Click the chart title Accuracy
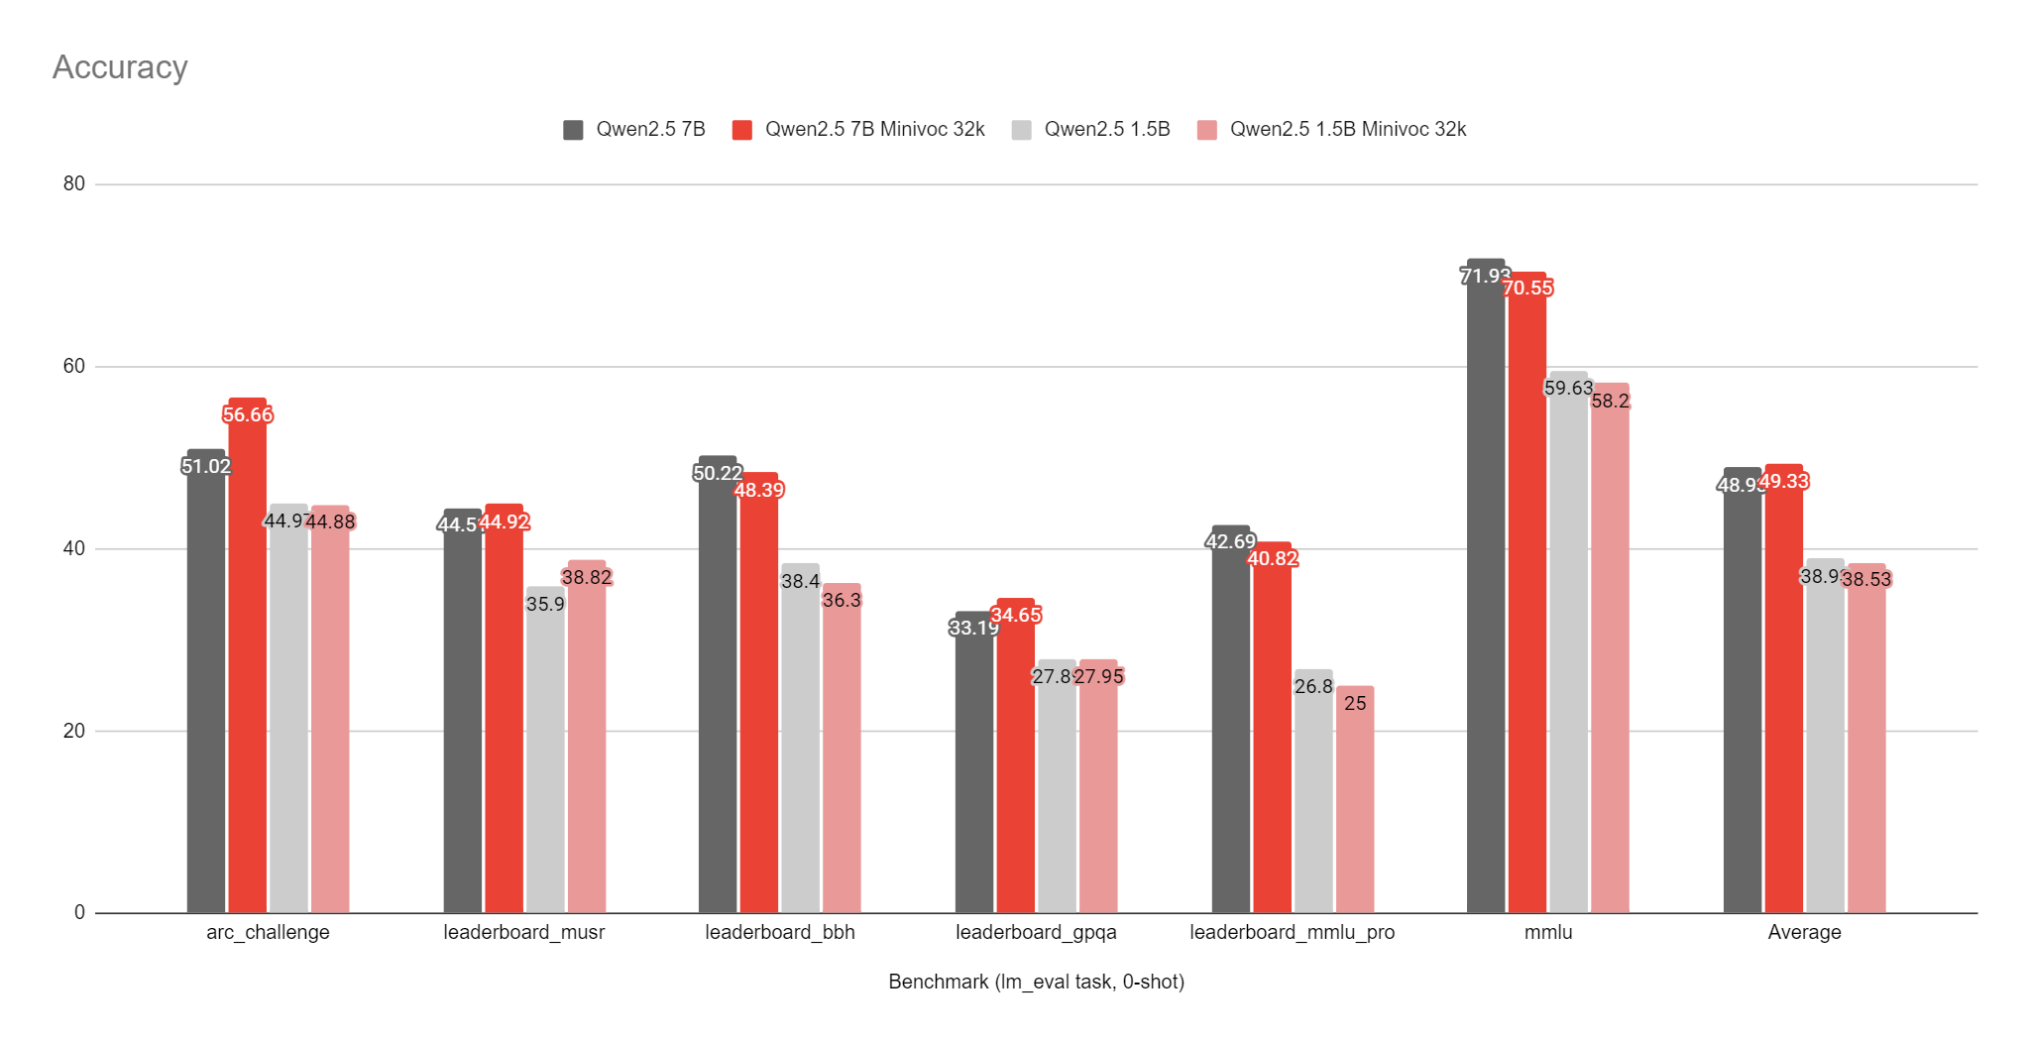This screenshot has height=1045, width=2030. coord(120,67)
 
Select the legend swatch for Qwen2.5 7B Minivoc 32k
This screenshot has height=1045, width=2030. coord(741,130)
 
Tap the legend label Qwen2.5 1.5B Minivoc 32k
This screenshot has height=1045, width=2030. coord(1347,130)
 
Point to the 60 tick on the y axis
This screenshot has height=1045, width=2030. coord(74,366)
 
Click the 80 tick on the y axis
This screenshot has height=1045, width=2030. coord(74,183)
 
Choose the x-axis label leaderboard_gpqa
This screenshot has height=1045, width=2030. coord(1036,932)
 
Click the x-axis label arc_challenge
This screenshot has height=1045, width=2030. coord(268,932)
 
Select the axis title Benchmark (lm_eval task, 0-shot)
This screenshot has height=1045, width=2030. coord(1036,982)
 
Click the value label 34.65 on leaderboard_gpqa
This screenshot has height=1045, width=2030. coord(1016,616)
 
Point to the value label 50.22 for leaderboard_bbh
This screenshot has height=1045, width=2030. coord(718,474)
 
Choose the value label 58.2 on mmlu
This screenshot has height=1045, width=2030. coord(1611,402)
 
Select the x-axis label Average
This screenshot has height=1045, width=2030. coord(1804,932)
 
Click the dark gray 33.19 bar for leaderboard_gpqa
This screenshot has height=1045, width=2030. coord(973,773)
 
